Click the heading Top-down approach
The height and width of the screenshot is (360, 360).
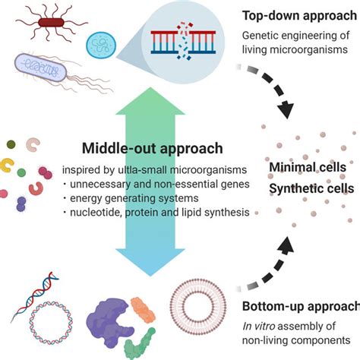click(300, 16)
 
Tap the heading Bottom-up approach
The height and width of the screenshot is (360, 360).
click(301, 306)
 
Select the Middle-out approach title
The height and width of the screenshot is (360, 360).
click(153, 148)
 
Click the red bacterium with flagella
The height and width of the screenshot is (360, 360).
click(51, 23)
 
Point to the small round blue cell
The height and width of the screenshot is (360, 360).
click(101, 45)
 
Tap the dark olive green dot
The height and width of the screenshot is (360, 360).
click(11, 144)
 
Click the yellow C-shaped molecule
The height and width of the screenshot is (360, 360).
click(6, 166)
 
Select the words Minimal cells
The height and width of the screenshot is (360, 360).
click(308, 167)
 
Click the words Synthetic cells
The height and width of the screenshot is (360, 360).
click(311, 188)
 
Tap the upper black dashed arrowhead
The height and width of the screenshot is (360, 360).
click(286, 110)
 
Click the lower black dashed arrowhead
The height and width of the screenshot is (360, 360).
click(286, 245)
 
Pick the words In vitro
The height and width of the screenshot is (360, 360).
click(259, 326)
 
